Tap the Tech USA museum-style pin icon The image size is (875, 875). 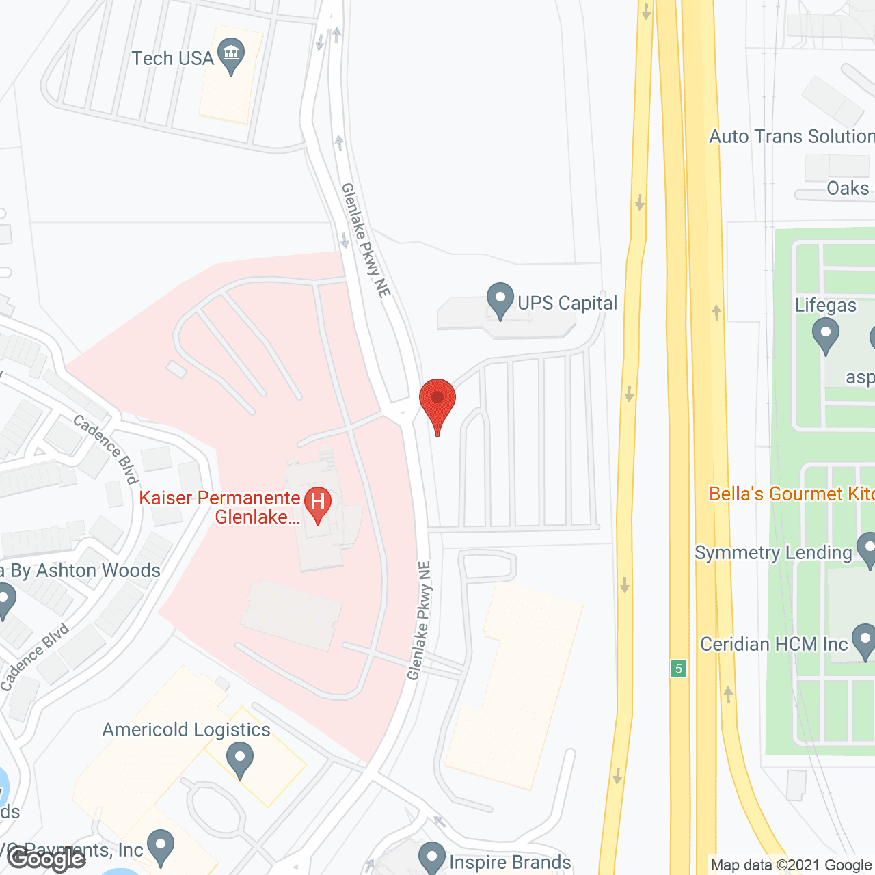[x=231, y=55]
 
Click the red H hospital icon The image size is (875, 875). [x=317, y=503]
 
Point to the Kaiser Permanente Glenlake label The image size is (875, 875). [x=220, y=507]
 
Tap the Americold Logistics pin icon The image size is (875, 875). [x=239, y=760]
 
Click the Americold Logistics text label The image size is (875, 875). [x=186, y=730]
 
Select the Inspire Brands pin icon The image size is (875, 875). [x=432, y=857]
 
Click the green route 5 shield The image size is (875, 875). [x=678, y=669]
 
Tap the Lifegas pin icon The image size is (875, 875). [x=825, y=336]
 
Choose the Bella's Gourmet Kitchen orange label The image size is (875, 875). [x=791, y=494]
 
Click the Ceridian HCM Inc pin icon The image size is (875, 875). [x=865, y=642]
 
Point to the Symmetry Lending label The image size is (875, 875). [x=773, y=553]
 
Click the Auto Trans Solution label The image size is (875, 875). [x=792, y=137]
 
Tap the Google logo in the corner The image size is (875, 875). [x=46, y=858]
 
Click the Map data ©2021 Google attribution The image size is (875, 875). [x=792, y=865]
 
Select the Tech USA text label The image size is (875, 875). [x=172, y=59]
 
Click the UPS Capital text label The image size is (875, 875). [x=567, y=304]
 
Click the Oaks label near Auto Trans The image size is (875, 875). [x=848, y=189]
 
